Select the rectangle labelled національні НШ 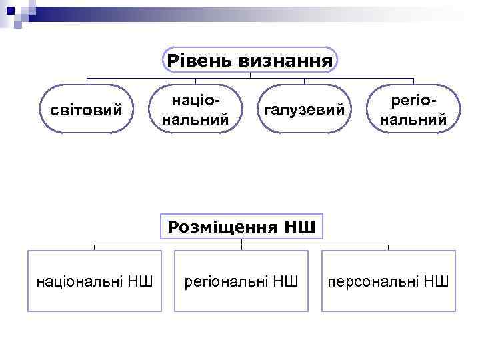[94, 281]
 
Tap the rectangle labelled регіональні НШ [241, 281]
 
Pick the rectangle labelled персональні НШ [389, 281]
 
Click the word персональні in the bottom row [374, 281]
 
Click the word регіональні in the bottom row [227, 281]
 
